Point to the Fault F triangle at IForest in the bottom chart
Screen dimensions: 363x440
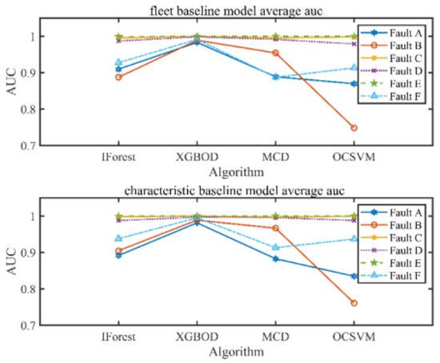(x=118, y=238)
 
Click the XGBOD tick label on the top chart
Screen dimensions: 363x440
(x=198, y=158)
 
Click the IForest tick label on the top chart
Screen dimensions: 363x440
(x=118, y=158)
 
